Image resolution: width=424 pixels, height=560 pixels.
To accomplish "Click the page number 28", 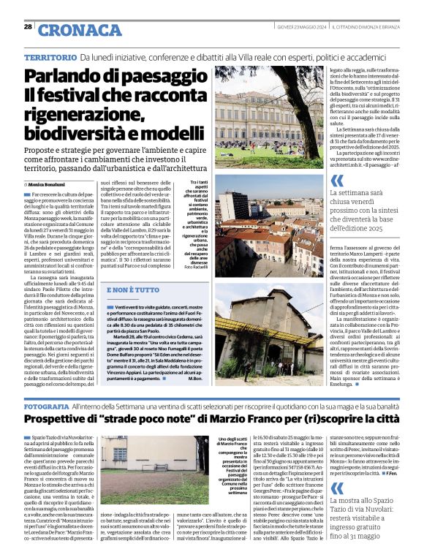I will [x=27, y=27].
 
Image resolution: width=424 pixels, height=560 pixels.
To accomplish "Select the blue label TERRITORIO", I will [x=50, y=57].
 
